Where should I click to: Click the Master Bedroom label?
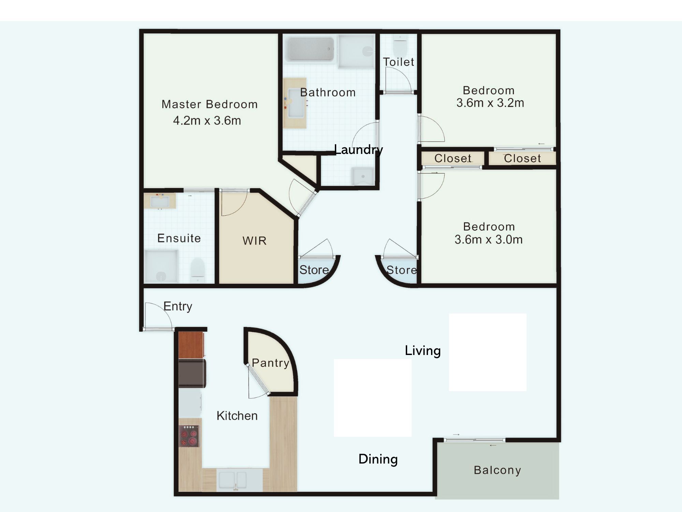tap(209, 104)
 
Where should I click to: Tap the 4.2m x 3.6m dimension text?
tap(207, 120)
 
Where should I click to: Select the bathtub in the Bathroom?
tap(311, 49)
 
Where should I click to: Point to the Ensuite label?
tap(179, 238)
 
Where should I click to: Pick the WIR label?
tap(254, 241)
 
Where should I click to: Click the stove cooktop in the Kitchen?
tap(189, 436)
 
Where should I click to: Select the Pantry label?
tap(270, 363)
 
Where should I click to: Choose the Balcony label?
tap(497, 470)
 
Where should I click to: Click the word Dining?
tap(378, 459)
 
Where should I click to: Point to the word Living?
tap(423, 351)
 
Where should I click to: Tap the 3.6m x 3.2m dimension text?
tap(490, 103)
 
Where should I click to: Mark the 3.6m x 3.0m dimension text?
tap(488, 240)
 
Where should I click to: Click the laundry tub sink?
tap(363, 176)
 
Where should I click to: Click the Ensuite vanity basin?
tap(160, 201)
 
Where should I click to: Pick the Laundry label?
tap(358, 150)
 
